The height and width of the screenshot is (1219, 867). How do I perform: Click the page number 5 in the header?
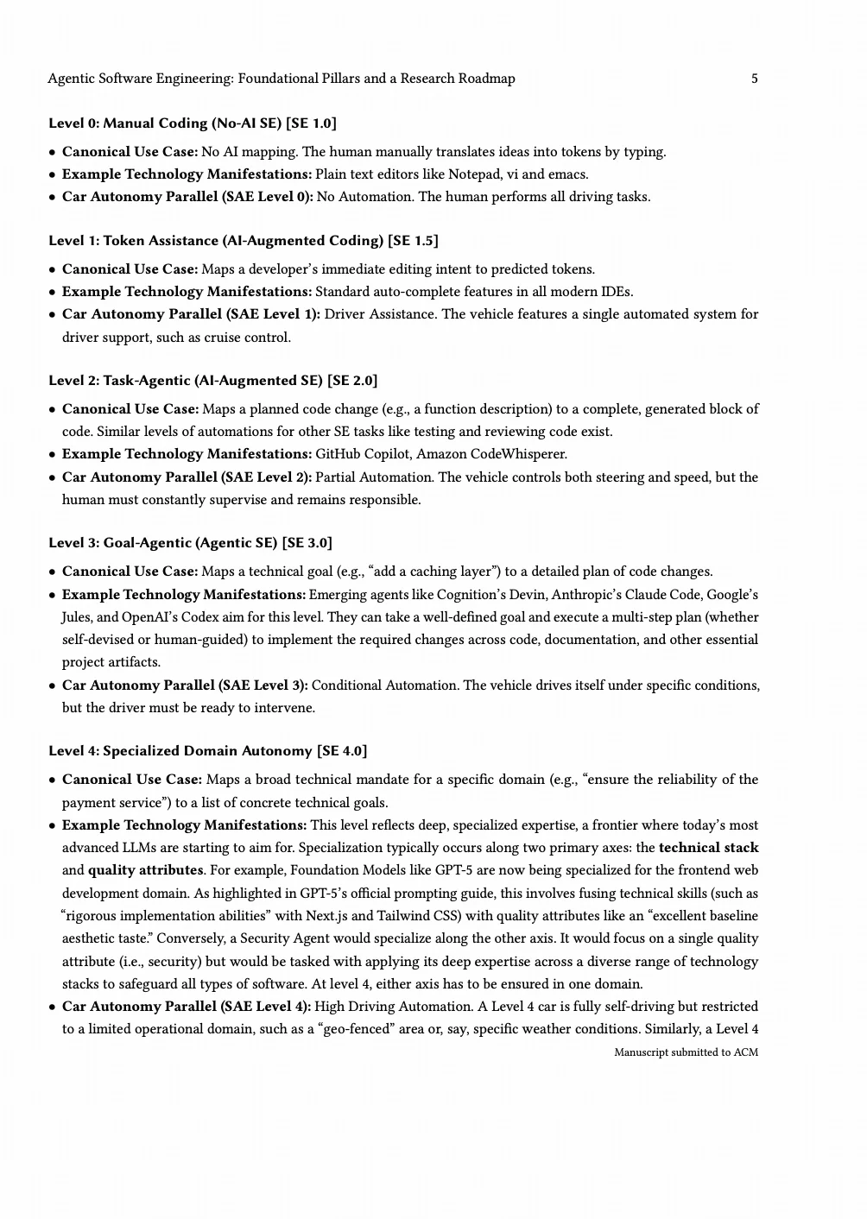[754, 79]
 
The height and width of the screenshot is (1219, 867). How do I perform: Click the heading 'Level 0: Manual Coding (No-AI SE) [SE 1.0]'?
[193, 123]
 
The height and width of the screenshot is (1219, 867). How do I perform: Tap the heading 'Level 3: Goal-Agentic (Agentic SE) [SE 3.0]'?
[190, 543]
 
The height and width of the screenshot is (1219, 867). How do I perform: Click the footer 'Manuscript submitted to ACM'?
[686, 1052]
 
